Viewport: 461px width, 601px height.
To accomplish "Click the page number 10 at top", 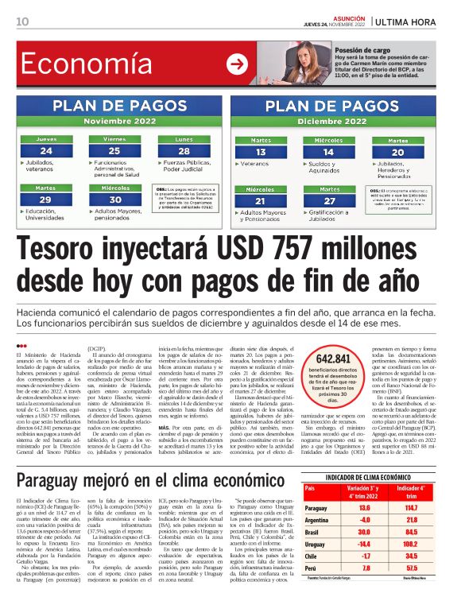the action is coord(22,21).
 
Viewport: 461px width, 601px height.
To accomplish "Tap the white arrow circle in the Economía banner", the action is coord(237,64).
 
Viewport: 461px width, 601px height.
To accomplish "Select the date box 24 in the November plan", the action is coord(47,151).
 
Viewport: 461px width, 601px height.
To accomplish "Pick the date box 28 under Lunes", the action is coord(184,151).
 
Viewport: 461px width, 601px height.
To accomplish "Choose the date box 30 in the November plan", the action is coord(115,200).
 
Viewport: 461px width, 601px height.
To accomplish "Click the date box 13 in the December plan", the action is coord(260,152).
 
